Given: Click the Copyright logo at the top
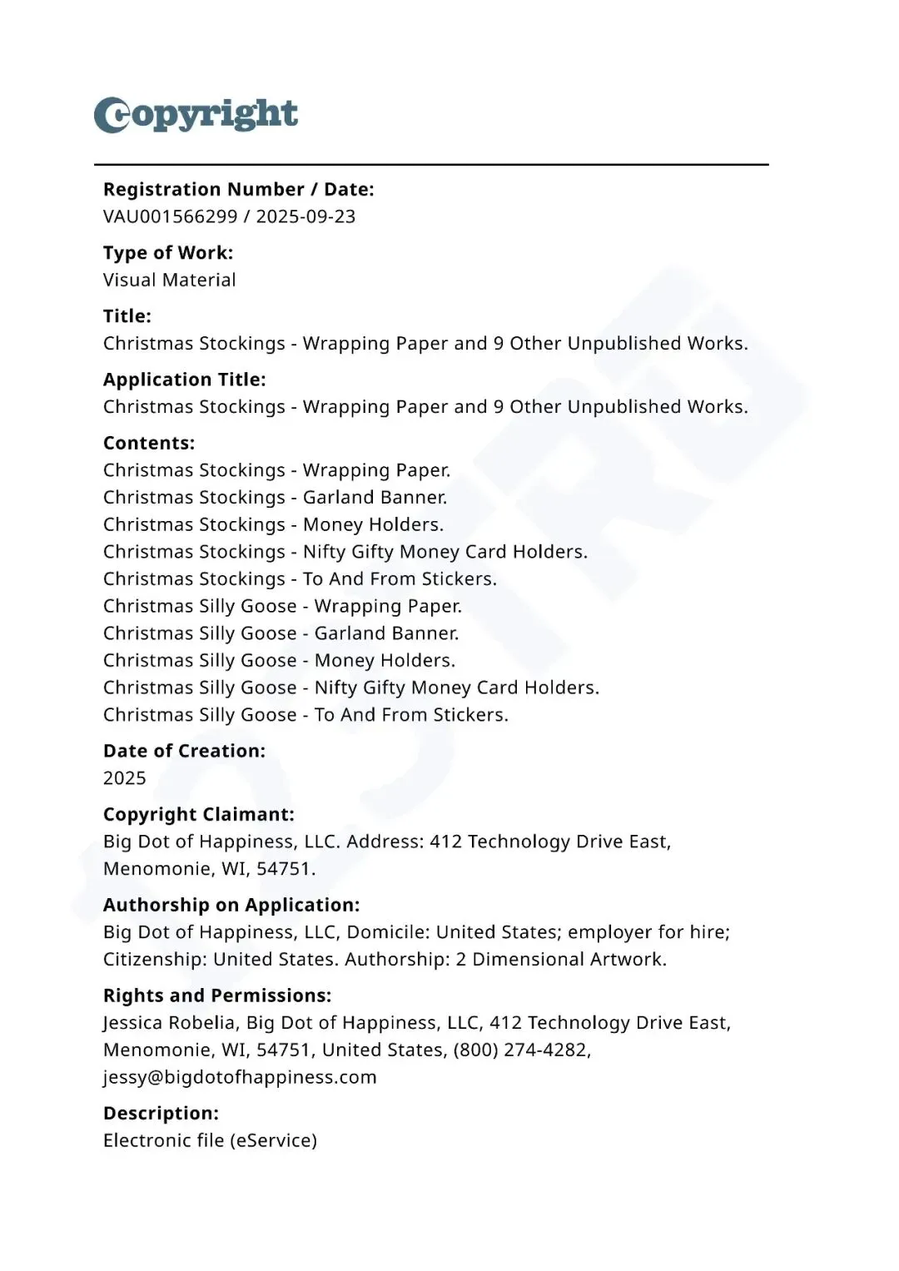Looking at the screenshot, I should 196,115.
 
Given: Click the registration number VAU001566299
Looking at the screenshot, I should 170,216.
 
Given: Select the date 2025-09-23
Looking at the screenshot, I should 305,216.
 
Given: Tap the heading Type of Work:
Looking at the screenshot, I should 168,253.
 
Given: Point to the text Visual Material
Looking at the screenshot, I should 170,281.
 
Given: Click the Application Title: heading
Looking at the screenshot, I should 185,380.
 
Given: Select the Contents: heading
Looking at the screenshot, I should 149,443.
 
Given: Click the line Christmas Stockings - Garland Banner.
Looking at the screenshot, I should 275,498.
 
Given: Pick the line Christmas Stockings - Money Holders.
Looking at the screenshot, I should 273,525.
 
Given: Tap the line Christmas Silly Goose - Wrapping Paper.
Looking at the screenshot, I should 282,606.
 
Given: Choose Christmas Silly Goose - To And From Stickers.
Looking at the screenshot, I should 305,715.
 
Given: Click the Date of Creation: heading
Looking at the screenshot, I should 184,751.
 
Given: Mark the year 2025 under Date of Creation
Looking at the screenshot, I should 125,778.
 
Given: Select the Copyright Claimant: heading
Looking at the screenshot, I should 199,814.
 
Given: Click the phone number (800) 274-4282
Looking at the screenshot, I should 521,1050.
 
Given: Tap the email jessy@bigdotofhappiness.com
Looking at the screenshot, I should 240,1077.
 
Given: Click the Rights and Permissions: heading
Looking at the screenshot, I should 217,995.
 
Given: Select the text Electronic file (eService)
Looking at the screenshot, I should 210,1140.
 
